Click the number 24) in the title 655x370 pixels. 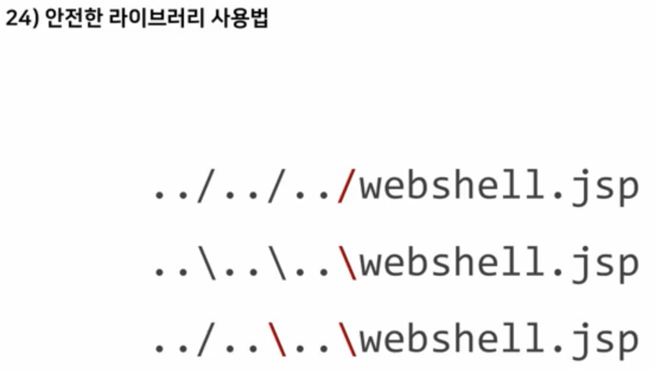21,20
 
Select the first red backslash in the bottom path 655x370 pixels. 277,340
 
